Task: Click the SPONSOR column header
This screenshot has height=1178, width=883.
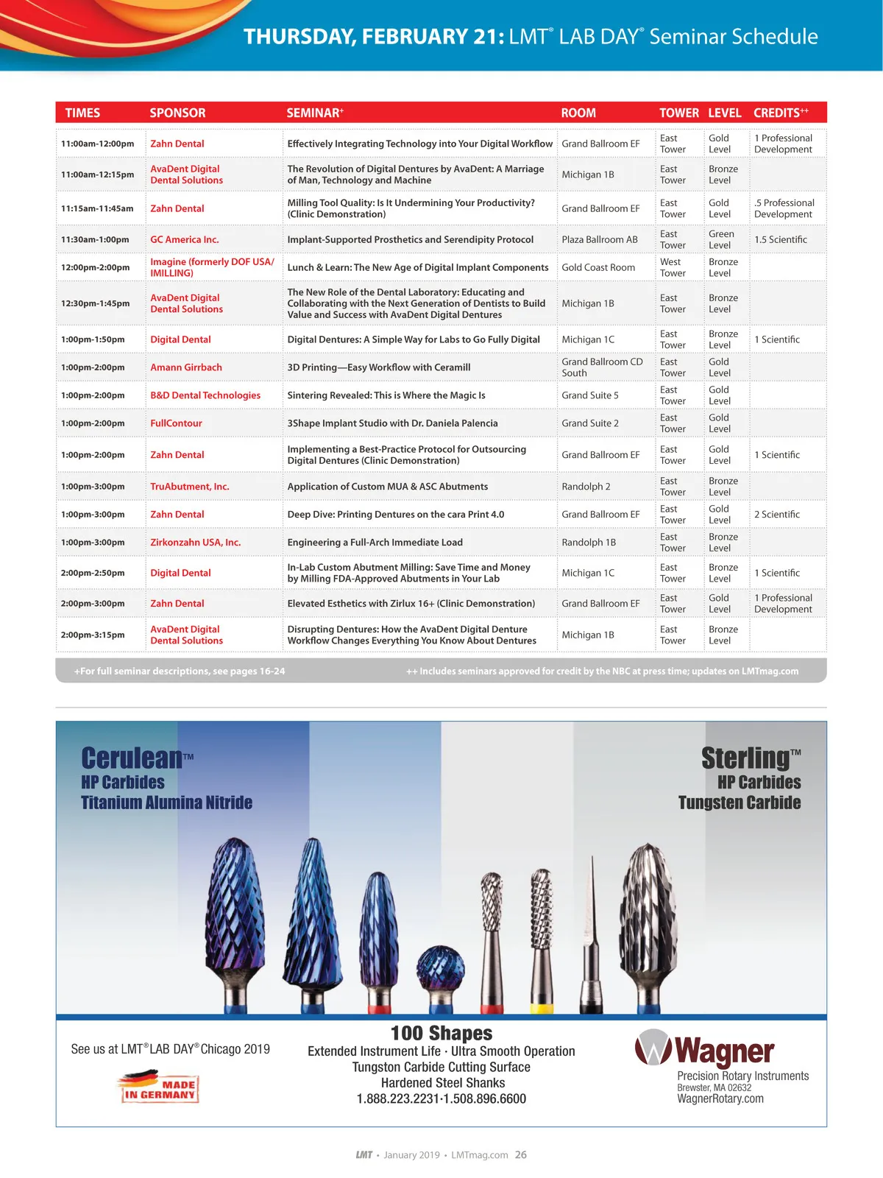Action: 177,113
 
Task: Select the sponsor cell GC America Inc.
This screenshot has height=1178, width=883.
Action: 185,239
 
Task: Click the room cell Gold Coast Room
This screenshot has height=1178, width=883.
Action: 598,267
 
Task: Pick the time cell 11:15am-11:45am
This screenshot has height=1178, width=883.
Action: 97,208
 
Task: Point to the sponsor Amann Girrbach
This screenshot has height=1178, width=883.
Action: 186,367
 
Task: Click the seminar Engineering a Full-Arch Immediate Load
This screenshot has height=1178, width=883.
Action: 375,543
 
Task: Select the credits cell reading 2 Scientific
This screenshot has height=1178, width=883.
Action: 776,515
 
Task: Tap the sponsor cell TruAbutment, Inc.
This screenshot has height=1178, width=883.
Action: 190,487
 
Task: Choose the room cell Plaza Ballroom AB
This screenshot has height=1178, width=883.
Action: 600,239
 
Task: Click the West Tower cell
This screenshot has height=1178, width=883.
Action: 672,267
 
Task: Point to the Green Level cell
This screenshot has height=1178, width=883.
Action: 721,239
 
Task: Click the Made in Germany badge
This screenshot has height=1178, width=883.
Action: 159,1087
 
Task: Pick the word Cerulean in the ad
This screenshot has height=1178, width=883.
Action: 132,758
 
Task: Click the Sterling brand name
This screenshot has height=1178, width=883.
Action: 745,758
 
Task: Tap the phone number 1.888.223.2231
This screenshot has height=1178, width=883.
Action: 397,1099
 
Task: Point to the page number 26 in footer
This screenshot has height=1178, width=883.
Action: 521,1154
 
